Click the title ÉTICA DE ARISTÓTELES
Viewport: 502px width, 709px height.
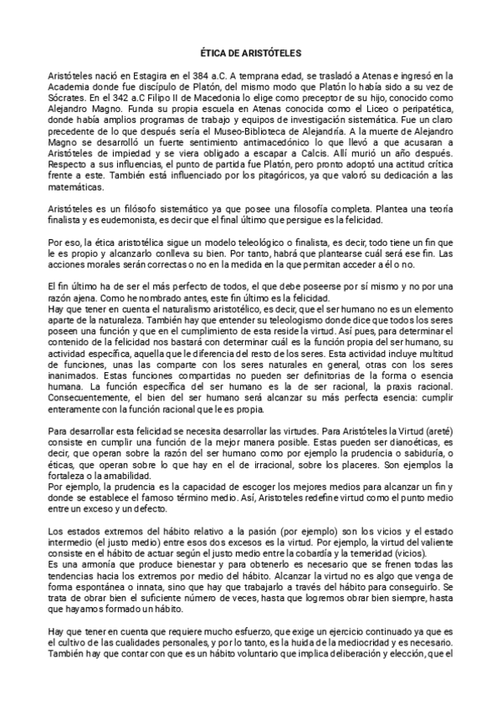click(x=251, y=52)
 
